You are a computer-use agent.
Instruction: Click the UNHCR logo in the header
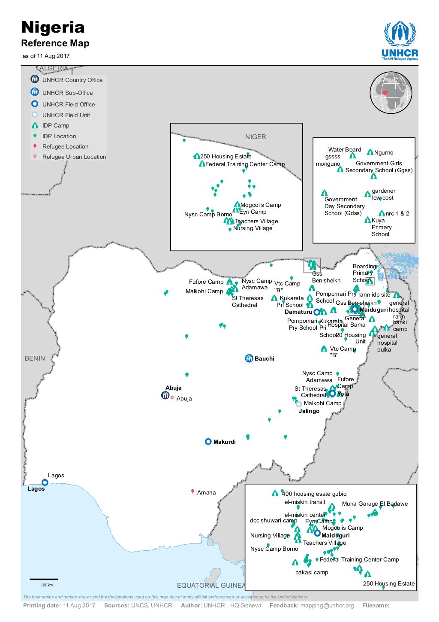(400, 41)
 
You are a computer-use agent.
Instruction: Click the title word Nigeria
(53, 27)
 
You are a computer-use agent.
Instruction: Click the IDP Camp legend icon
(35, 126)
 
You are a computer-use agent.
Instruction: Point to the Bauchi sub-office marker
(249, 358)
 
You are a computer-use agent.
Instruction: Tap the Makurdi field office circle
(208, 441)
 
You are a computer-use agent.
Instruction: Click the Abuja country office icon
(165, 395)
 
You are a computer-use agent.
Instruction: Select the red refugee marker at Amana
(192, 492)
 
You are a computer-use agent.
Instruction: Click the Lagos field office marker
(45, 482)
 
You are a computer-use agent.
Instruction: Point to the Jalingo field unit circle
(299, 404)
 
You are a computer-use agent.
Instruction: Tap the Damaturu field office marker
(317, 312)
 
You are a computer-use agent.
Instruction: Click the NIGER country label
(256, 137)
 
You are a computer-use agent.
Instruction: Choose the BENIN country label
(35, 358)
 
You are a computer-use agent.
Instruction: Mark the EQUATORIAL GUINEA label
(211, 586)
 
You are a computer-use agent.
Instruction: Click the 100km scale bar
(44, 580)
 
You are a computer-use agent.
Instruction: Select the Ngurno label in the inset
(383, 153)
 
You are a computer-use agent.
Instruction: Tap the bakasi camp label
(312, 573)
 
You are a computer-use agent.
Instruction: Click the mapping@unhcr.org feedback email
(327, 606)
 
